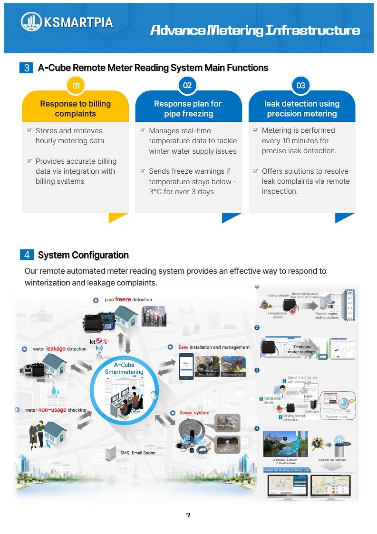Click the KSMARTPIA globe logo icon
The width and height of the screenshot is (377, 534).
tap(31, 22)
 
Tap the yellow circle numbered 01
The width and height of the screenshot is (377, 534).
tap(76, 86)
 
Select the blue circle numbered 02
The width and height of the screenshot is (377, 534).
tap(187, 86)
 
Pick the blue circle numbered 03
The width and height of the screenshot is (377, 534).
tap(300, 86)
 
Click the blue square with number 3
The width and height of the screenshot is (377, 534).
tap(27, 68)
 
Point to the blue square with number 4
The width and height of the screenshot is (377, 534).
tap(27, 254)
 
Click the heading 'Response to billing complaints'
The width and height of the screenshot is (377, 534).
tap(75, 109)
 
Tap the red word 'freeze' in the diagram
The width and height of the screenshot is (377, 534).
tap(123, 299)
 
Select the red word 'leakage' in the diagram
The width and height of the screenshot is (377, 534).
tap(56, 349)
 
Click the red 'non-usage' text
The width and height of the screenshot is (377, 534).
tap(52, 410)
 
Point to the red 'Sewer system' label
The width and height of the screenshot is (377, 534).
tap(194, 413)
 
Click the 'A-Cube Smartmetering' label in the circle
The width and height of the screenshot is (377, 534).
tap(124, 368)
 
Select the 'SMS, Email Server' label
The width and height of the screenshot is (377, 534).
tap(138, 453)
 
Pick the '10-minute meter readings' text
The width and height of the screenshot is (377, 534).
tap(301, 349)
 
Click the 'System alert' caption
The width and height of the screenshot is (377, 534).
tap(336, 417)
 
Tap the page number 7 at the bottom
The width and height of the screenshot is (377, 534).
tap(188, 515)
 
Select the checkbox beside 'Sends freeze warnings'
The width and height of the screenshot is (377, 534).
tap(143, 171)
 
